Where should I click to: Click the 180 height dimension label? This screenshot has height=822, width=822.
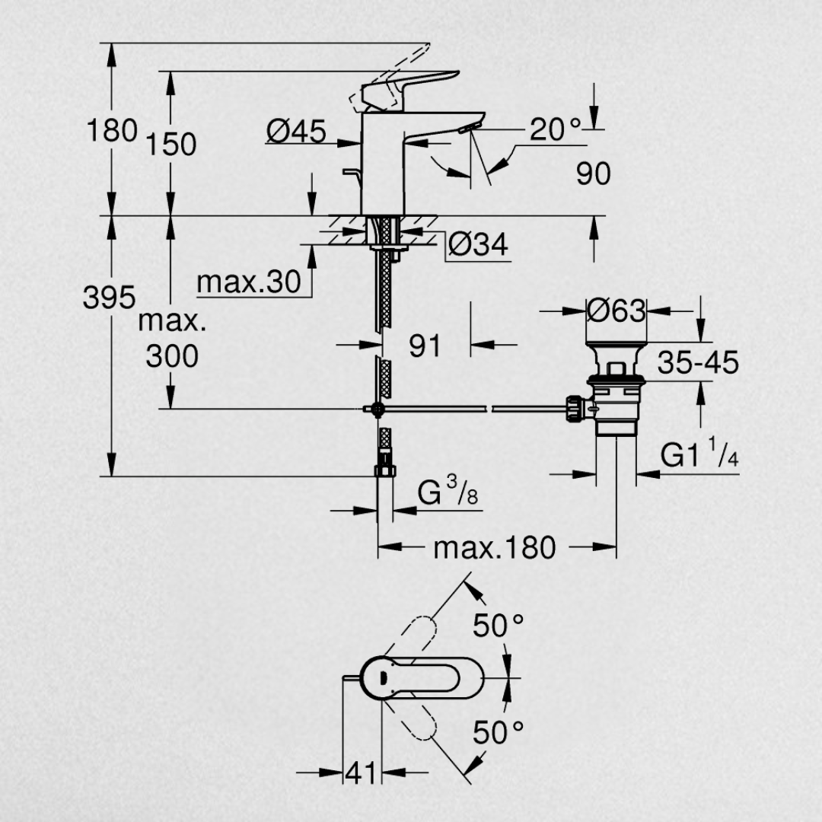[112, 130]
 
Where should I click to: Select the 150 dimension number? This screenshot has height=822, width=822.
[171, 144]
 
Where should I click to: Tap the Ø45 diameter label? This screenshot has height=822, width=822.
[296, 131]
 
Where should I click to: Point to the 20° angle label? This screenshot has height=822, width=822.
[555, 129]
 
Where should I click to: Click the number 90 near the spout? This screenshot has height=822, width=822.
[594, 174]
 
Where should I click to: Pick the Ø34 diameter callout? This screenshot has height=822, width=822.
[478, 244]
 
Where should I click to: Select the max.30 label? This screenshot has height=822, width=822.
[249, 282]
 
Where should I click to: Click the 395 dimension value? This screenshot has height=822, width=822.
[109, 298]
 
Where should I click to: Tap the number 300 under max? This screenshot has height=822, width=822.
[172, 356]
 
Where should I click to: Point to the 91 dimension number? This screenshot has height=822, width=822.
[425, 346]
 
